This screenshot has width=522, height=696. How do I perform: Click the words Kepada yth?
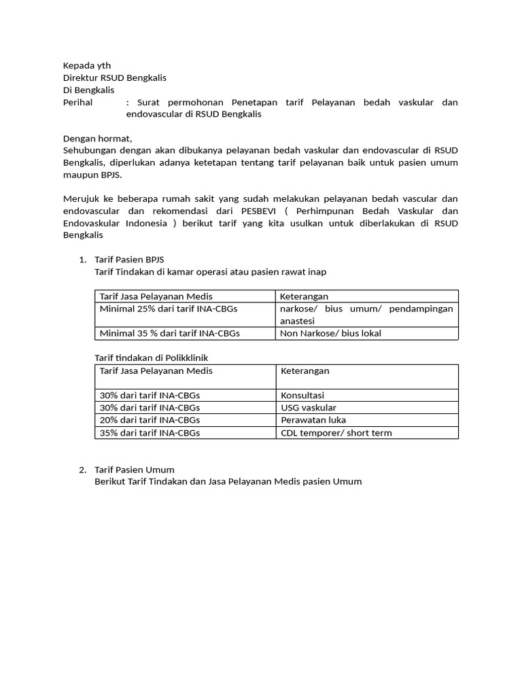point(86,66)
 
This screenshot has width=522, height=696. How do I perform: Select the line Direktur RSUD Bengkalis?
point(114,78)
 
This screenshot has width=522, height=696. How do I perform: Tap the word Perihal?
point(78,103)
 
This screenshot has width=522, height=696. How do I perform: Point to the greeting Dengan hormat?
point(97,138)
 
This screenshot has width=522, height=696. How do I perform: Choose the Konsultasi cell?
point(302,395)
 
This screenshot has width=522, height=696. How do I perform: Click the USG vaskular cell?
point(308,407)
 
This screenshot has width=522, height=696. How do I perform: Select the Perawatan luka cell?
point(313,420)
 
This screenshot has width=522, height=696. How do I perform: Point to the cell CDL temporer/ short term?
point(336,432)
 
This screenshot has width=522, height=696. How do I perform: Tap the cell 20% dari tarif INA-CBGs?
point(150,420)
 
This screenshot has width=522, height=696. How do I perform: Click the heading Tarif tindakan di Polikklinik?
point(156,358)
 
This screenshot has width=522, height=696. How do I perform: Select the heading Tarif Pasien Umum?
point(134,470)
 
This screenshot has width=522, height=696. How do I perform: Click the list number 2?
point(82,470)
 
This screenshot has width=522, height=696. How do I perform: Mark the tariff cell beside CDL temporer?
point(150,432)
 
